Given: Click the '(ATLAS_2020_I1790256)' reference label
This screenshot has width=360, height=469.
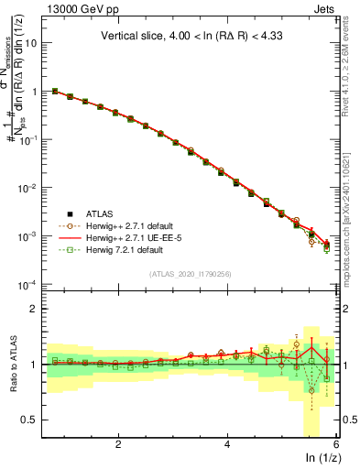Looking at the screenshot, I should [x=191, y=273].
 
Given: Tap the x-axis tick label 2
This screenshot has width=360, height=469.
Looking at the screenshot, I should [x=118, y=442].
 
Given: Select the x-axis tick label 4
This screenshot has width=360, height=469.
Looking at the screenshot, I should [x=227, y=442].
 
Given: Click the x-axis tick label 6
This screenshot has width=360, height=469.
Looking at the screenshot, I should [x=336, y=442].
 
